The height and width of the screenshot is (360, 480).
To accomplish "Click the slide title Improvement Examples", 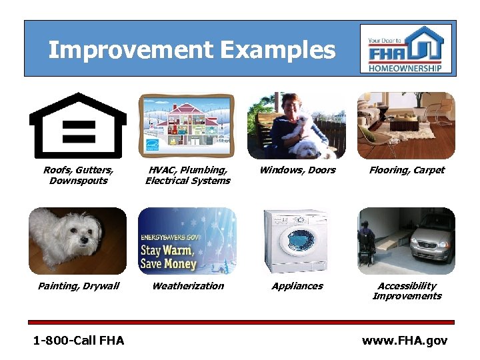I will [x=191, y=50].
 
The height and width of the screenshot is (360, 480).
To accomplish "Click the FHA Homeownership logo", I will [x=405, y=49].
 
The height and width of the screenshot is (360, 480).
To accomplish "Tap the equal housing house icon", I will [x=78, y=125].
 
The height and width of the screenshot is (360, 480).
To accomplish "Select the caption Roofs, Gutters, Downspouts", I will [x=78, y=175].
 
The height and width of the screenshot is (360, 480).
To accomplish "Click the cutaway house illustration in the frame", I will [x=187, y=123].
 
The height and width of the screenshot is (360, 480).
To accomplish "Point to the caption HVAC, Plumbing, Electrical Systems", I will [x=187, y=175].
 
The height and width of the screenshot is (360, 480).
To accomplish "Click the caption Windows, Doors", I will [x=297, y=170].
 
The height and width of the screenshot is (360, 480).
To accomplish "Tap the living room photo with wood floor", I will [x=405, y=125].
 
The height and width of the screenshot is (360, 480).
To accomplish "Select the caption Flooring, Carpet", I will [x=407, y=170].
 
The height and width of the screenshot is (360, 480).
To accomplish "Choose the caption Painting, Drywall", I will [x=78, y=286].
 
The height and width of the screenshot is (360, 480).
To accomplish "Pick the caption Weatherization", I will [x=188, y=286].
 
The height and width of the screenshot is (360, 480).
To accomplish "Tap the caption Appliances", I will [x=297, y=286].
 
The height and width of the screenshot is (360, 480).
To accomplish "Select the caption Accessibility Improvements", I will [x=407, y=291].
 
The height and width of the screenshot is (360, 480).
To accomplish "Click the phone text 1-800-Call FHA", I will [x=79, y=341].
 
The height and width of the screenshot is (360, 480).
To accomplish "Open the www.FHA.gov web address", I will [x=405, y=341].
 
